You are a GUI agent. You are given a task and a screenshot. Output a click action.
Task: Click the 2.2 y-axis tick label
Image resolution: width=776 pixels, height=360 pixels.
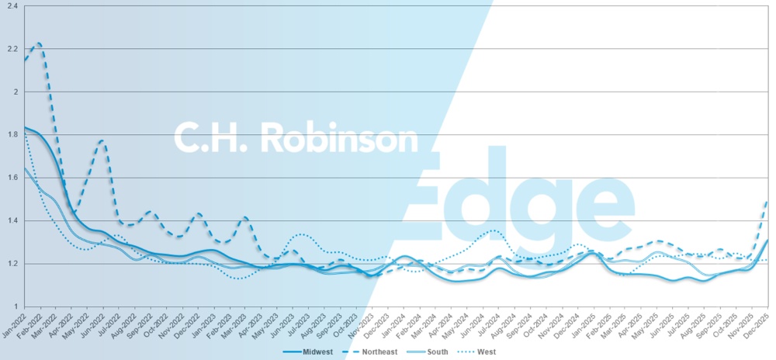12,49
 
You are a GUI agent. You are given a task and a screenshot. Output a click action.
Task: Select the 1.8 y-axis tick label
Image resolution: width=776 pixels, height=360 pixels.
12,135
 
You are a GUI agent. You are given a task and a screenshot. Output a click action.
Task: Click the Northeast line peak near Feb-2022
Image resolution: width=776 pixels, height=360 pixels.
39,43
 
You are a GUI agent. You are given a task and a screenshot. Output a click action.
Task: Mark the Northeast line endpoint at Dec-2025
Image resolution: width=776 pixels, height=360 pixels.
767,201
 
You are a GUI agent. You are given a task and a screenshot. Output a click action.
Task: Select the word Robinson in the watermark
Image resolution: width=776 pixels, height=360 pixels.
340,138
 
